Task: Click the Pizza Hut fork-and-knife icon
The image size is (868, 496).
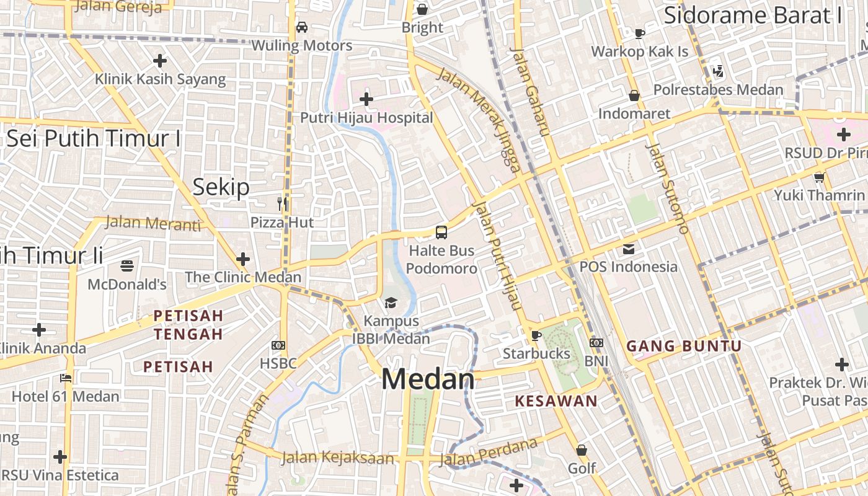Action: tap(283, 204)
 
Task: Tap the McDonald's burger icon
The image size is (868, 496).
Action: tap(127, 266)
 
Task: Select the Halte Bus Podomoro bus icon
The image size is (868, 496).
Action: tap(441, 232)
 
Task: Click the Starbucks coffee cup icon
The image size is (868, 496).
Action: tap(536, 335)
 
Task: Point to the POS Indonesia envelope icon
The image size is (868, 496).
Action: tap(629, 249)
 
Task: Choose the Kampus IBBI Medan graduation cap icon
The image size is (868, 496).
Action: tap(391, 303)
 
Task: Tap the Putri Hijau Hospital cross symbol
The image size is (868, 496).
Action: tap(366, 99)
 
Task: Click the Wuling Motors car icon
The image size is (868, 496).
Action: tap(302, 27)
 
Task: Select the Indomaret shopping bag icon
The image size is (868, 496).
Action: tap(634, 95)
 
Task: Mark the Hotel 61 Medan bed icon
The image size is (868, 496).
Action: tap(66, 378)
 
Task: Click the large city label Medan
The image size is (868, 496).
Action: tap(428, 379)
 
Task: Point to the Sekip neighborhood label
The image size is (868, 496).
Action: tap(221, 187)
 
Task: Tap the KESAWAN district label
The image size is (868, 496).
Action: tap(556, 401)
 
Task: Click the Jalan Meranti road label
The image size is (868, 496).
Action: tap(153, 223)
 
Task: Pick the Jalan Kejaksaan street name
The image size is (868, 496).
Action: tap(338, 458)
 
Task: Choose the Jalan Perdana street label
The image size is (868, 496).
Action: tap(488, 453)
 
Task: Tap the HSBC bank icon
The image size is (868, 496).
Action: tap(278, 345)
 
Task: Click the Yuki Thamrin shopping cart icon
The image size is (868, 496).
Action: tap(819, 177)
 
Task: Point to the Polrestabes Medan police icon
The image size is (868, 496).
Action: tap(719, 71)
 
